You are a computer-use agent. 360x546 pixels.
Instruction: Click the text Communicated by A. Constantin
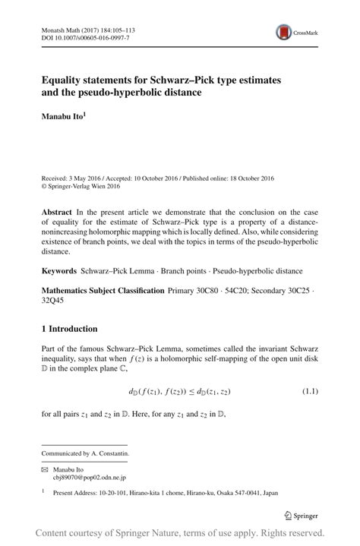(85, 453)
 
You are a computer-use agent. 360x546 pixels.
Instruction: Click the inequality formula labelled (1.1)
(179, 391)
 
